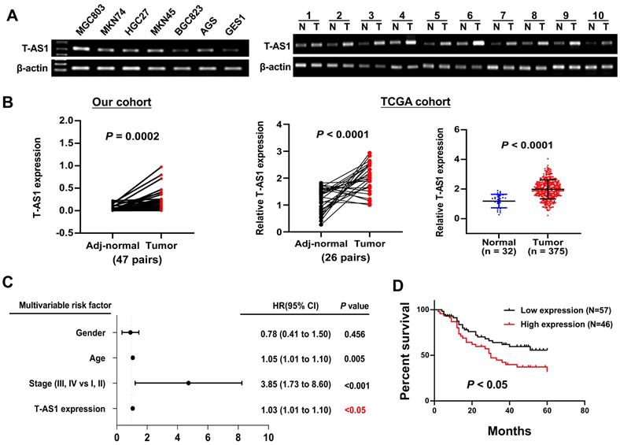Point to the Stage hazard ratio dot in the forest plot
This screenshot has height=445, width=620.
coord(189,383)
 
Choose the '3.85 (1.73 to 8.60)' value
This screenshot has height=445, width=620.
coord(301,384)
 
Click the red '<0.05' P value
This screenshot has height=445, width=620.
coord(356,409)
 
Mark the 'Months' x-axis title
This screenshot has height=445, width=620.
coord(509,431)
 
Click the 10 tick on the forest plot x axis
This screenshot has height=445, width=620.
coord(268,437)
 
